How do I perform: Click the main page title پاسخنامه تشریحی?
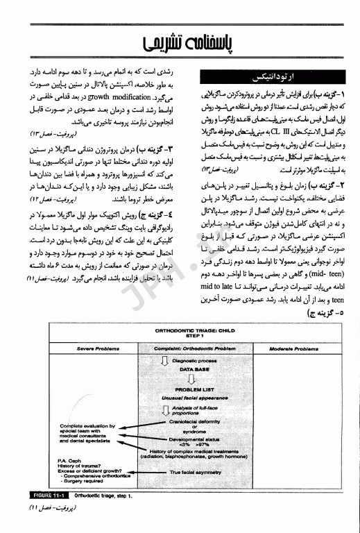point(180,44)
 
